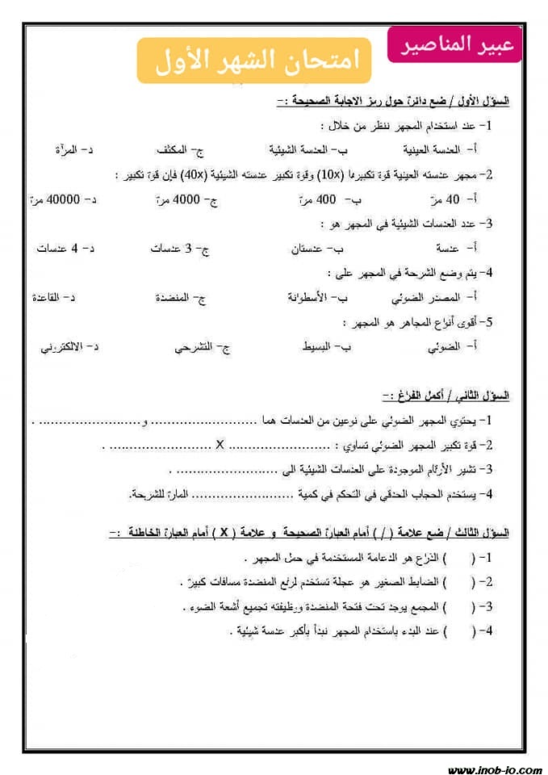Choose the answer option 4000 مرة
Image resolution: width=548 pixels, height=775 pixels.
coord(182,199)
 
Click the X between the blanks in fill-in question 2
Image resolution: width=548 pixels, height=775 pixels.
coord(220,444)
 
